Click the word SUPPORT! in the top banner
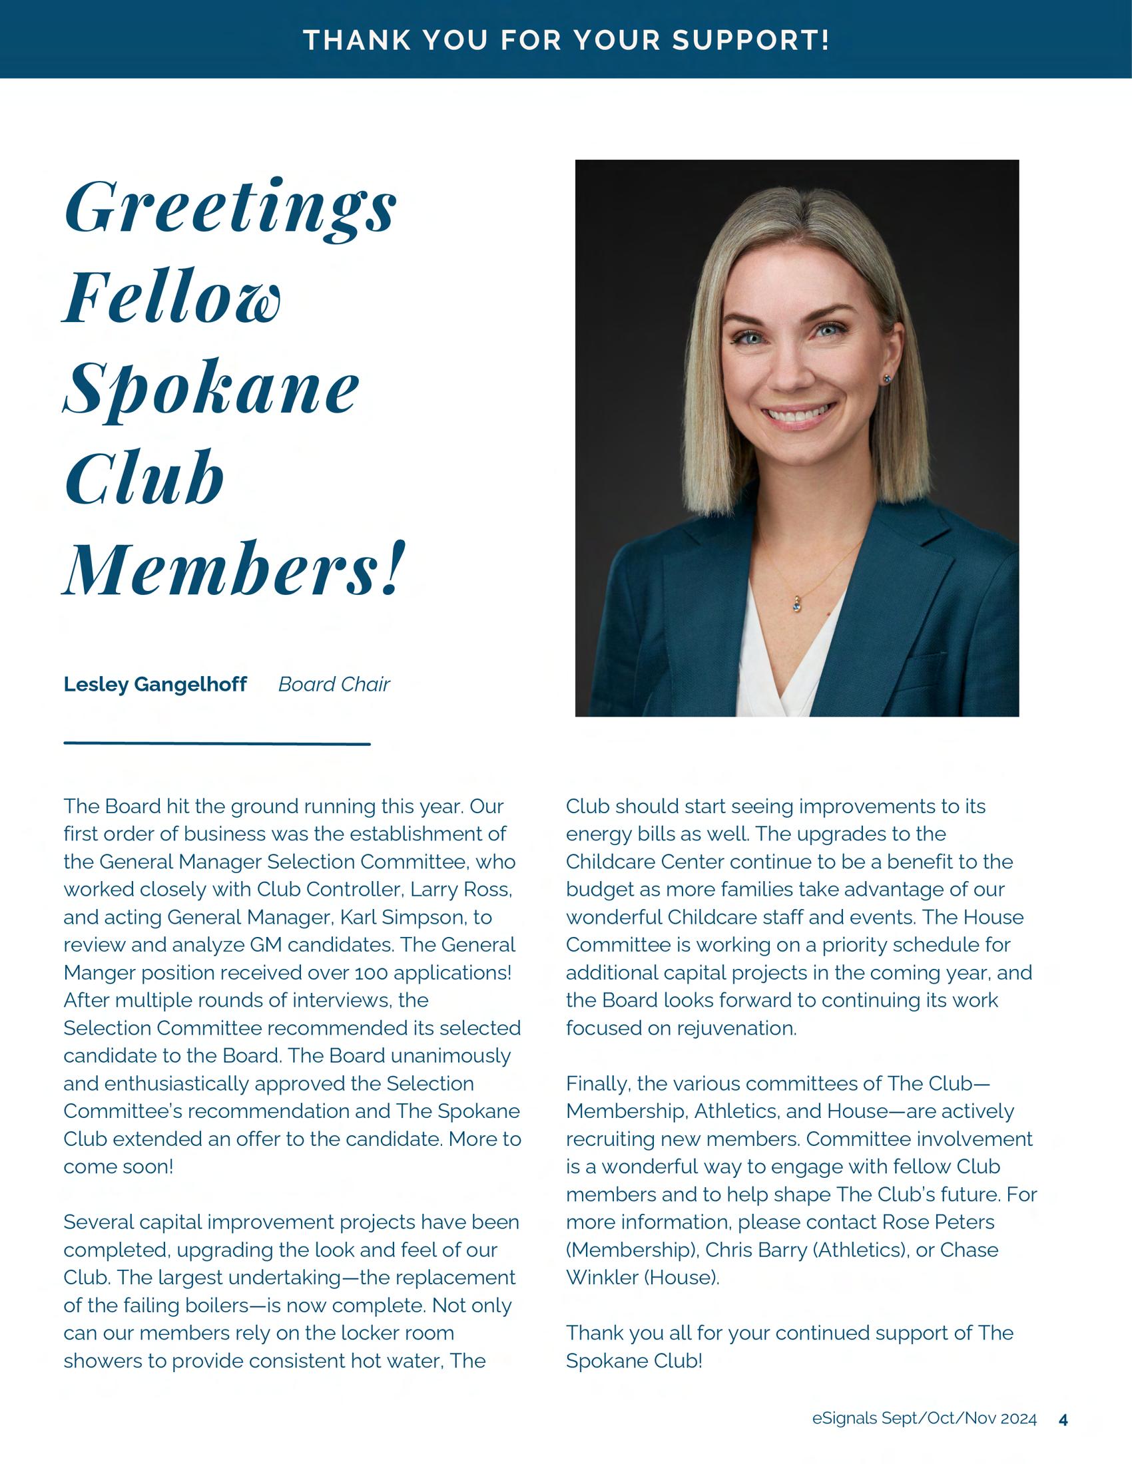pos(751,39)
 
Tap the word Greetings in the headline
pos(230,208)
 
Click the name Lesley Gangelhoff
pos(155,684)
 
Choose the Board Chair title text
pos(334,684)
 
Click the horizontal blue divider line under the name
pos(216,743)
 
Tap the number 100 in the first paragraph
pos(370,973)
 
